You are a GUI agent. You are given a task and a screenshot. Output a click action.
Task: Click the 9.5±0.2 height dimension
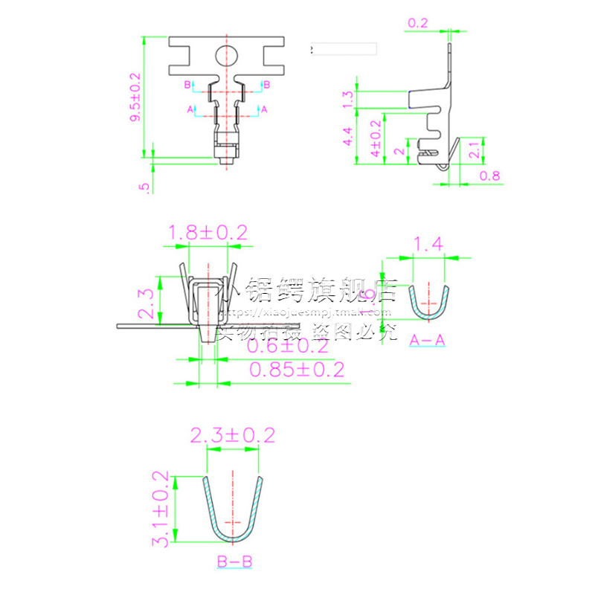pyautogui.click(x=135, y=97)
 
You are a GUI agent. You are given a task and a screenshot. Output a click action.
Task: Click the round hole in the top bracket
pyautogui.click(x=226, y=54)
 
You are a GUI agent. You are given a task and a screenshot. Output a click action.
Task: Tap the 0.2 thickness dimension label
pyautogui.click(x=418, y=23)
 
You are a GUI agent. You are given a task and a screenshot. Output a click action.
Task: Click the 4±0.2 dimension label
pyautogui.click(x=376, y=138)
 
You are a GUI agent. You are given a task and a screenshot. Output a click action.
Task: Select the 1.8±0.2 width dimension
pyautogui.click(x=208, y=233)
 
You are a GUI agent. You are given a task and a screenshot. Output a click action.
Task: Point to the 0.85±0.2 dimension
pyautogui.click(x=297, y=370)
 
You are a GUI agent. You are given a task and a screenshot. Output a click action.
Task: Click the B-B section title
pyautogui.click(x=233, y=562)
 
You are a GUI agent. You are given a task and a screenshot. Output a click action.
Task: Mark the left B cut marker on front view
pyautogui.click(x=188, y=86)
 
